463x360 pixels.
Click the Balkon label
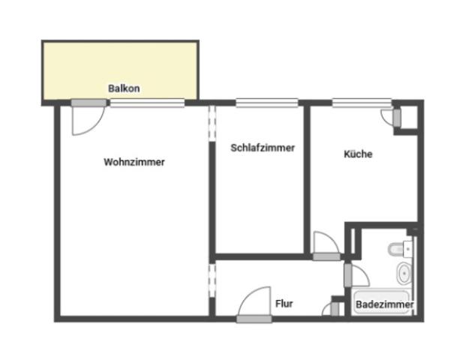click(x=124, y=88)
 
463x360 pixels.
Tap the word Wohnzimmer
click(x=134, y=162)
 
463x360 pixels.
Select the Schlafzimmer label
click(x=263, y=148)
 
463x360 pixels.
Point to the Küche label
click(x=358, y=154)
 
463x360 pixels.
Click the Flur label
click(x=284, y=303)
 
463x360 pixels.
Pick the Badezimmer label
click(x=384, y=304)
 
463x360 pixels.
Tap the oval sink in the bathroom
click(x=404, y=274)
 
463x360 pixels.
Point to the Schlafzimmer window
click(x=267, y=103)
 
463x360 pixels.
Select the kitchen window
click(x=362, y=103)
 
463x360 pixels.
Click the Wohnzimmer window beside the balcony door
click(x=147, y=103)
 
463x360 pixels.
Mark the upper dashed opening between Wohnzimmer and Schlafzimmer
click(x=212, y=123)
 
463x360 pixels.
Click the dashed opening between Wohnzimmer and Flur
click(x=212, y=280)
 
